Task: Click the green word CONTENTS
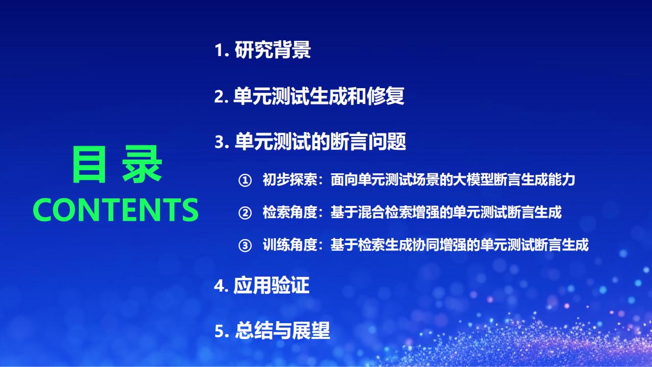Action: pyautogui.click(x=116, y=209)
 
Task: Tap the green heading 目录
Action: pyautogui.click(x=117, y=164)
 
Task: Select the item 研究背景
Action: pyautogui.click(x=273, y=50)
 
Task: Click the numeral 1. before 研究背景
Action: pyautogui.click(x=222, y=50)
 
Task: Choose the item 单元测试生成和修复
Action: pyautogui.click(x=319, y=96)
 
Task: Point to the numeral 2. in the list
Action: pyautogui.click(x=222, y=96)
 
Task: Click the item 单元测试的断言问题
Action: pyautogui.click(x=320, y=142)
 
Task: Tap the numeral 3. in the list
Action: pyautogui.click(x=222, y=142)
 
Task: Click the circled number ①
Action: pyautogui.click(x=245, y=180)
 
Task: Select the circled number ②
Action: pyautogui.click(x=245, y=213)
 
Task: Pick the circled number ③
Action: pyautogui.click(x=245, y=246)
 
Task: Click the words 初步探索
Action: pyautogui.click(x=290, y=180)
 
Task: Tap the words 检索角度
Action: pyautogui.click(x=290, y=213)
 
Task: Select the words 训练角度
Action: pyautogui.click(x=290, y=245)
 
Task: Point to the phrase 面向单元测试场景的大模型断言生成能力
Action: pyautogui.click(x=453, y=180)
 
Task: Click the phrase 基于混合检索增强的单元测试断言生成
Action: pyautogui.click(x=446, y=213)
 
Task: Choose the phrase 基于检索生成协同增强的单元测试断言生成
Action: pyautogui.click(x=459, y=245)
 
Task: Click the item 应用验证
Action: pyautogui.click(x=271, y=285)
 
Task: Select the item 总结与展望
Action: pyautogui.click(x=282, y=331)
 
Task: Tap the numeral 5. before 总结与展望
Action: pyautogui.click(x=222, y=331)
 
